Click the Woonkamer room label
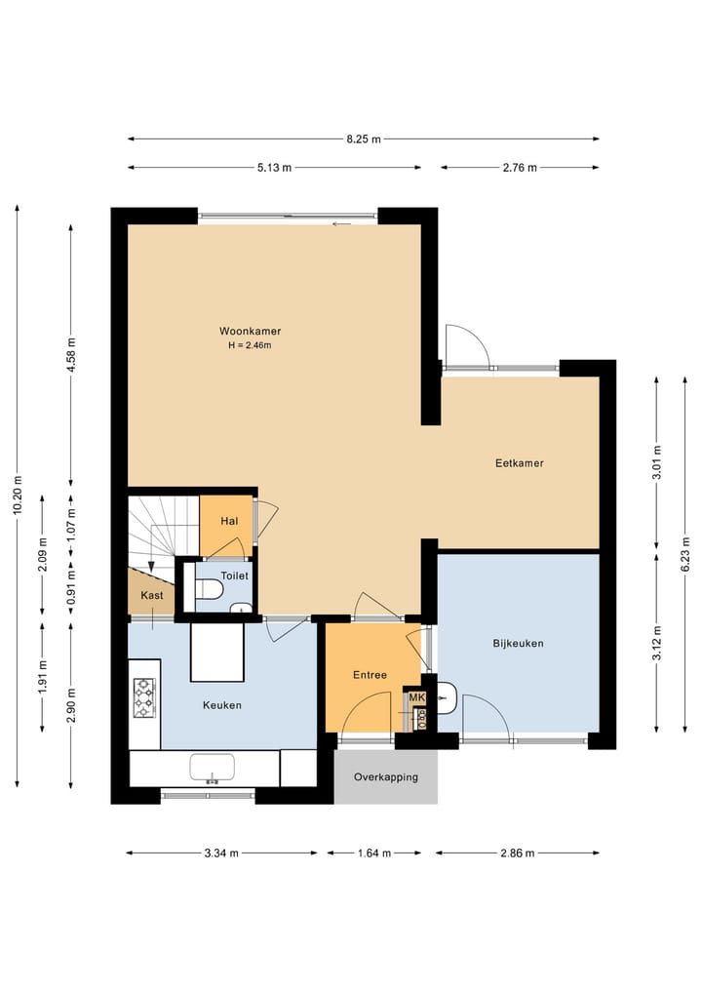click(250, 331)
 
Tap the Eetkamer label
click(520, 463)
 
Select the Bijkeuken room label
click(518, 644)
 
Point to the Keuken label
click(222, 705)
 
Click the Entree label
click(370, 675)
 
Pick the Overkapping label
click(386, 776)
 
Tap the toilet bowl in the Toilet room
click(210, 590)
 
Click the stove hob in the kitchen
click(144, 697)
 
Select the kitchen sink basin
click(212, 768)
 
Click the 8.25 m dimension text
click(364, 139)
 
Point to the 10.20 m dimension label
click(18, 495)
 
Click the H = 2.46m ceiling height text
click(250, 345)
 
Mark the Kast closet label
click(152, 595)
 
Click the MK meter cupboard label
click(416, 697)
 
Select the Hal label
click(229, 521)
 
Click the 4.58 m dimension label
click(71, 355)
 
